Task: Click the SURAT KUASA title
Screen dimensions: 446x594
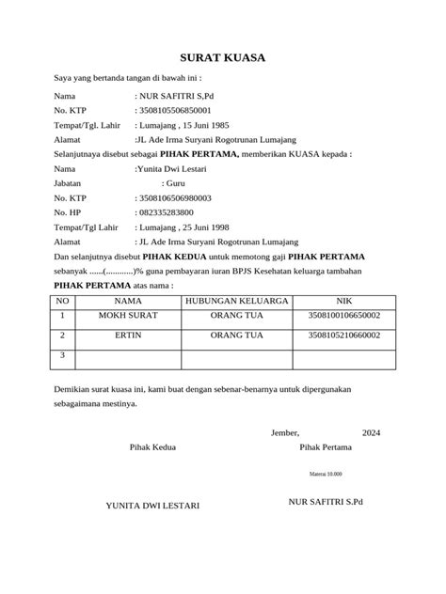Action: [223, 58]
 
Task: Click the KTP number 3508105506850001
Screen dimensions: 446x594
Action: [176, 110]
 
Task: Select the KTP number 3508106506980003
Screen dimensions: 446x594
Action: [176, 198]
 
